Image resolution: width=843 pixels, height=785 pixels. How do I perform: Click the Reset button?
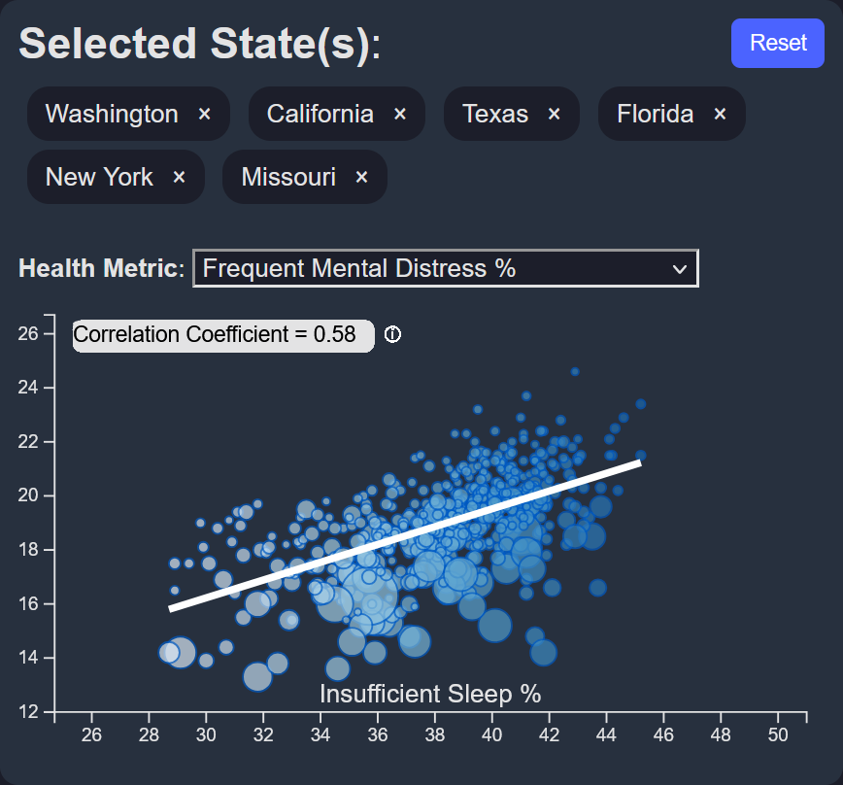click(x=778, y=44)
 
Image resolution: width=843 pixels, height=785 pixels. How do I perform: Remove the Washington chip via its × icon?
click(x=205, y=115)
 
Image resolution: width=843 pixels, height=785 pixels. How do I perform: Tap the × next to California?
click(x=400, y=115)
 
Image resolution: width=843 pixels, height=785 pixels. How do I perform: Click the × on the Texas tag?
click(x=555, y=115)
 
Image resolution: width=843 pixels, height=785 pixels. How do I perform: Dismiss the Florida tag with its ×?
click(x=721, y=115)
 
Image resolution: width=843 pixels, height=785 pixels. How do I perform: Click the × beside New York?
click(x=179, y=177)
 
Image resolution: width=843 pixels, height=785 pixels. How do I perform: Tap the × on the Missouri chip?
click(x=362, y=177)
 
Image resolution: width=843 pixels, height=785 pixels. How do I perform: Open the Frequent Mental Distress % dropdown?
click(x=446, y=269)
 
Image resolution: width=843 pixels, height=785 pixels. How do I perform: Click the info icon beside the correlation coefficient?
click(x=392, y=335)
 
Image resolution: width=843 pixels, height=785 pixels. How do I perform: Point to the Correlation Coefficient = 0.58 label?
click(x=222, y=335)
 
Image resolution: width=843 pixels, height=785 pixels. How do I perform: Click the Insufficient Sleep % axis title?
click(x=430, y=694)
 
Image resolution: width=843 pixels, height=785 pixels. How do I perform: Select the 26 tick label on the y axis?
click(x=29, y=333)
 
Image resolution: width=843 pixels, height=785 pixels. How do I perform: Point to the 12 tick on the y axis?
click(x=29, y=712)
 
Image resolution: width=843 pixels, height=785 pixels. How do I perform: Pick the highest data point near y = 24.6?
click(x=575, y=371)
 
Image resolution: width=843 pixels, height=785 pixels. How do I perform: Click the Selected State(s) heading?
click(x=200, y=45)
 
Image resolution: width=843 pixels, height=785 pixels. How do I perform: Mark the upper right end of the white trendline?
click(x=640, y=462)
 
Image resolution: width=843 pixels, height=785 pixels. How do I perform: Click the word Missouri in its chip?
click(x=288, y=177)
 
